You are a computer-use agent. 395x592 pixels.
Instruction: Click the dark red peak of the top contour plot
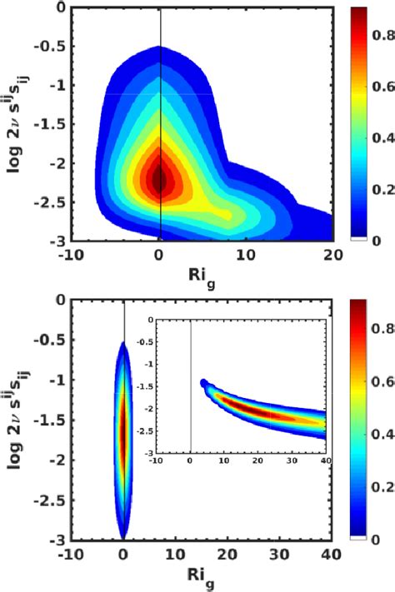pos(159,177)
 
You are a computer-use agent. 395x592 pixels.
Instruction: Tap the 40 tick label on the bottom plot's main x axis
pos(332,554)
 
